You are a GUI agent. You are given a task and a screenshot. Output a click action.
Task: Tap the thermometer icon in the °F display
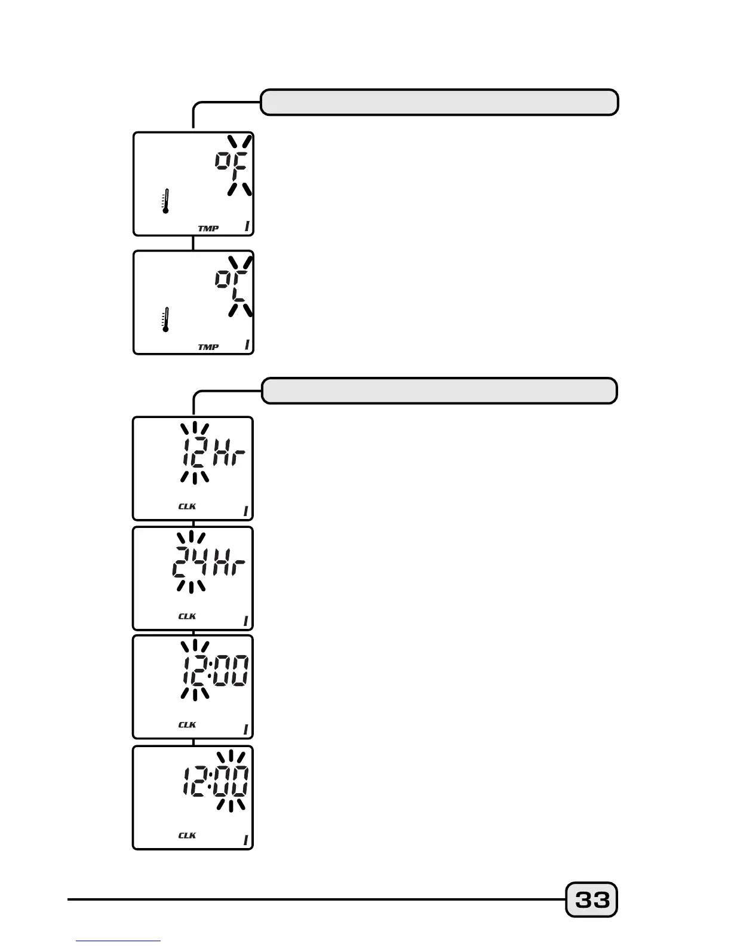(165, 201)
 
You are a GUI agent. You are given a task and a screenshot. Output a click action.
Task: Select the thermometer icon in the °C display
(165, 320)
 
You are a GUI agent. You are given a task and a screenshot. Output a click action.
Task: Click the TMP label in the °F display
(208, 228)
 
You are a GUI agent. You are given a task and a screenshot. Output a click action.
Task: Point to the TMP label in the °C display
(208, 347)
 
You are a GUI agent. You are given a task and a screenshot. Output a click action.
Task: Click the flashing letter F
(241, 167)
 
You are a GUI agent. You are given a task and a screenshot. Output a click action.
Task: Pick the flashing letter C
(241, 285)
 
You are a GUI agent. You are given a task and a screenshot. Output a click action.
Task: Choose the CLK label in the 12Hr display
(187, 506)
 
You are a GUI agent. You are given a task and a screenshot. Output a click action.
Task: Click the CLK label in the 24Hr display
(187, 616)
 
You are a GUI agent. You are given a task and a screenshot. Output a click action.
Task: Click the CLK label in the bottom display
(187, 835)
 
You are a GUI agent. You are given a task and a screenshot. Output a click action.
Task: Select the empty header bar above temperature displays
(440, 102)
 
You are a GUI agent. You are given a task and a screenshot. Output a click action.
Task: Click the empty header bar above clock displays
(440, 391)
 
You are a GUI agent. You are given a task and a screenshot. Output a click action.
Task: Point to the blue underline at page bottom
(118, 941)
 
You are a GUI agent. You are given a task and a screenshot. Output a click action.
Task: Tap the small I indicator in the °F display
(247, 226)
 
